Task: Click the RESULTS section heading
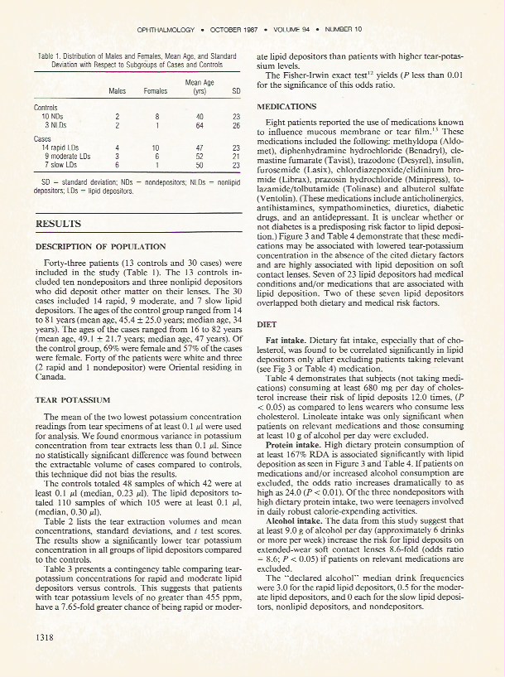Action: [58, 224]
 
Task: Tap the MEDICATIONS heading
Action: [286, 107]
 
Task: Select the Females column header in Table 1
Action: [156, 90]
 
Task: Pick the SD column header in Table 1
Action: [236, 90]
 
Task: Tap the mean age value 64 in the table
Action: [200, 125]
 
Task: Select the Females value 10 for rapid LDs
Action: [156, 147]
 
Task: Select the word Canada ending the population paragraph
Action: [50, 376]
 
